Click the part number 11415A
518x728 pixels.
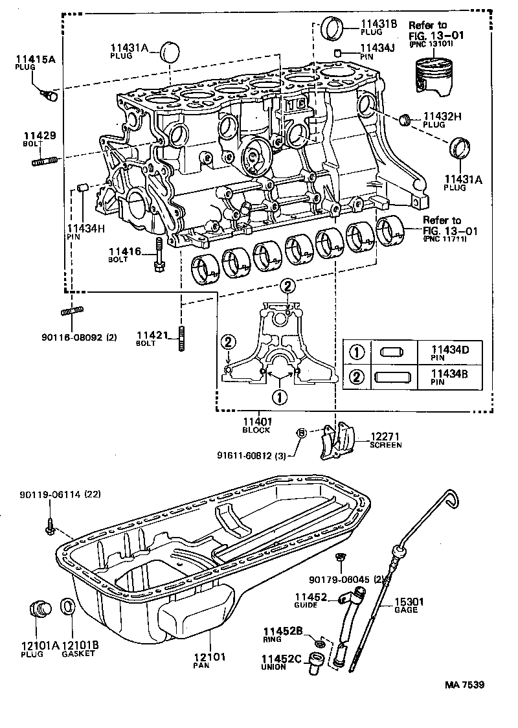point(36,59)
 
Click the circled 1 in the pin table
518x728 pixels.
point(356,353)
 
